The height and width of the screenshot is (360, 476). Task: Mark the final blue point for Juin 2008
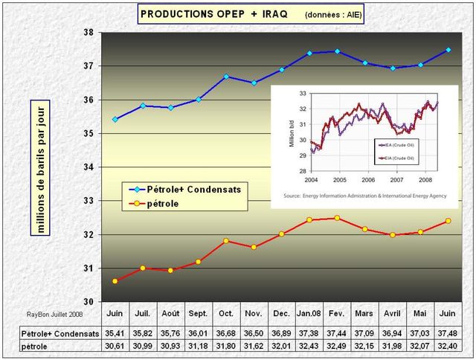pos(448,50)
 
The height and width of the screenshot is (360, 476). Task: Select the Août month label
pos(170,313)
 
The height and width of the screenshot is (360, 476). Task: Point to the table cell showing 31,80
pos(226,347)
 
